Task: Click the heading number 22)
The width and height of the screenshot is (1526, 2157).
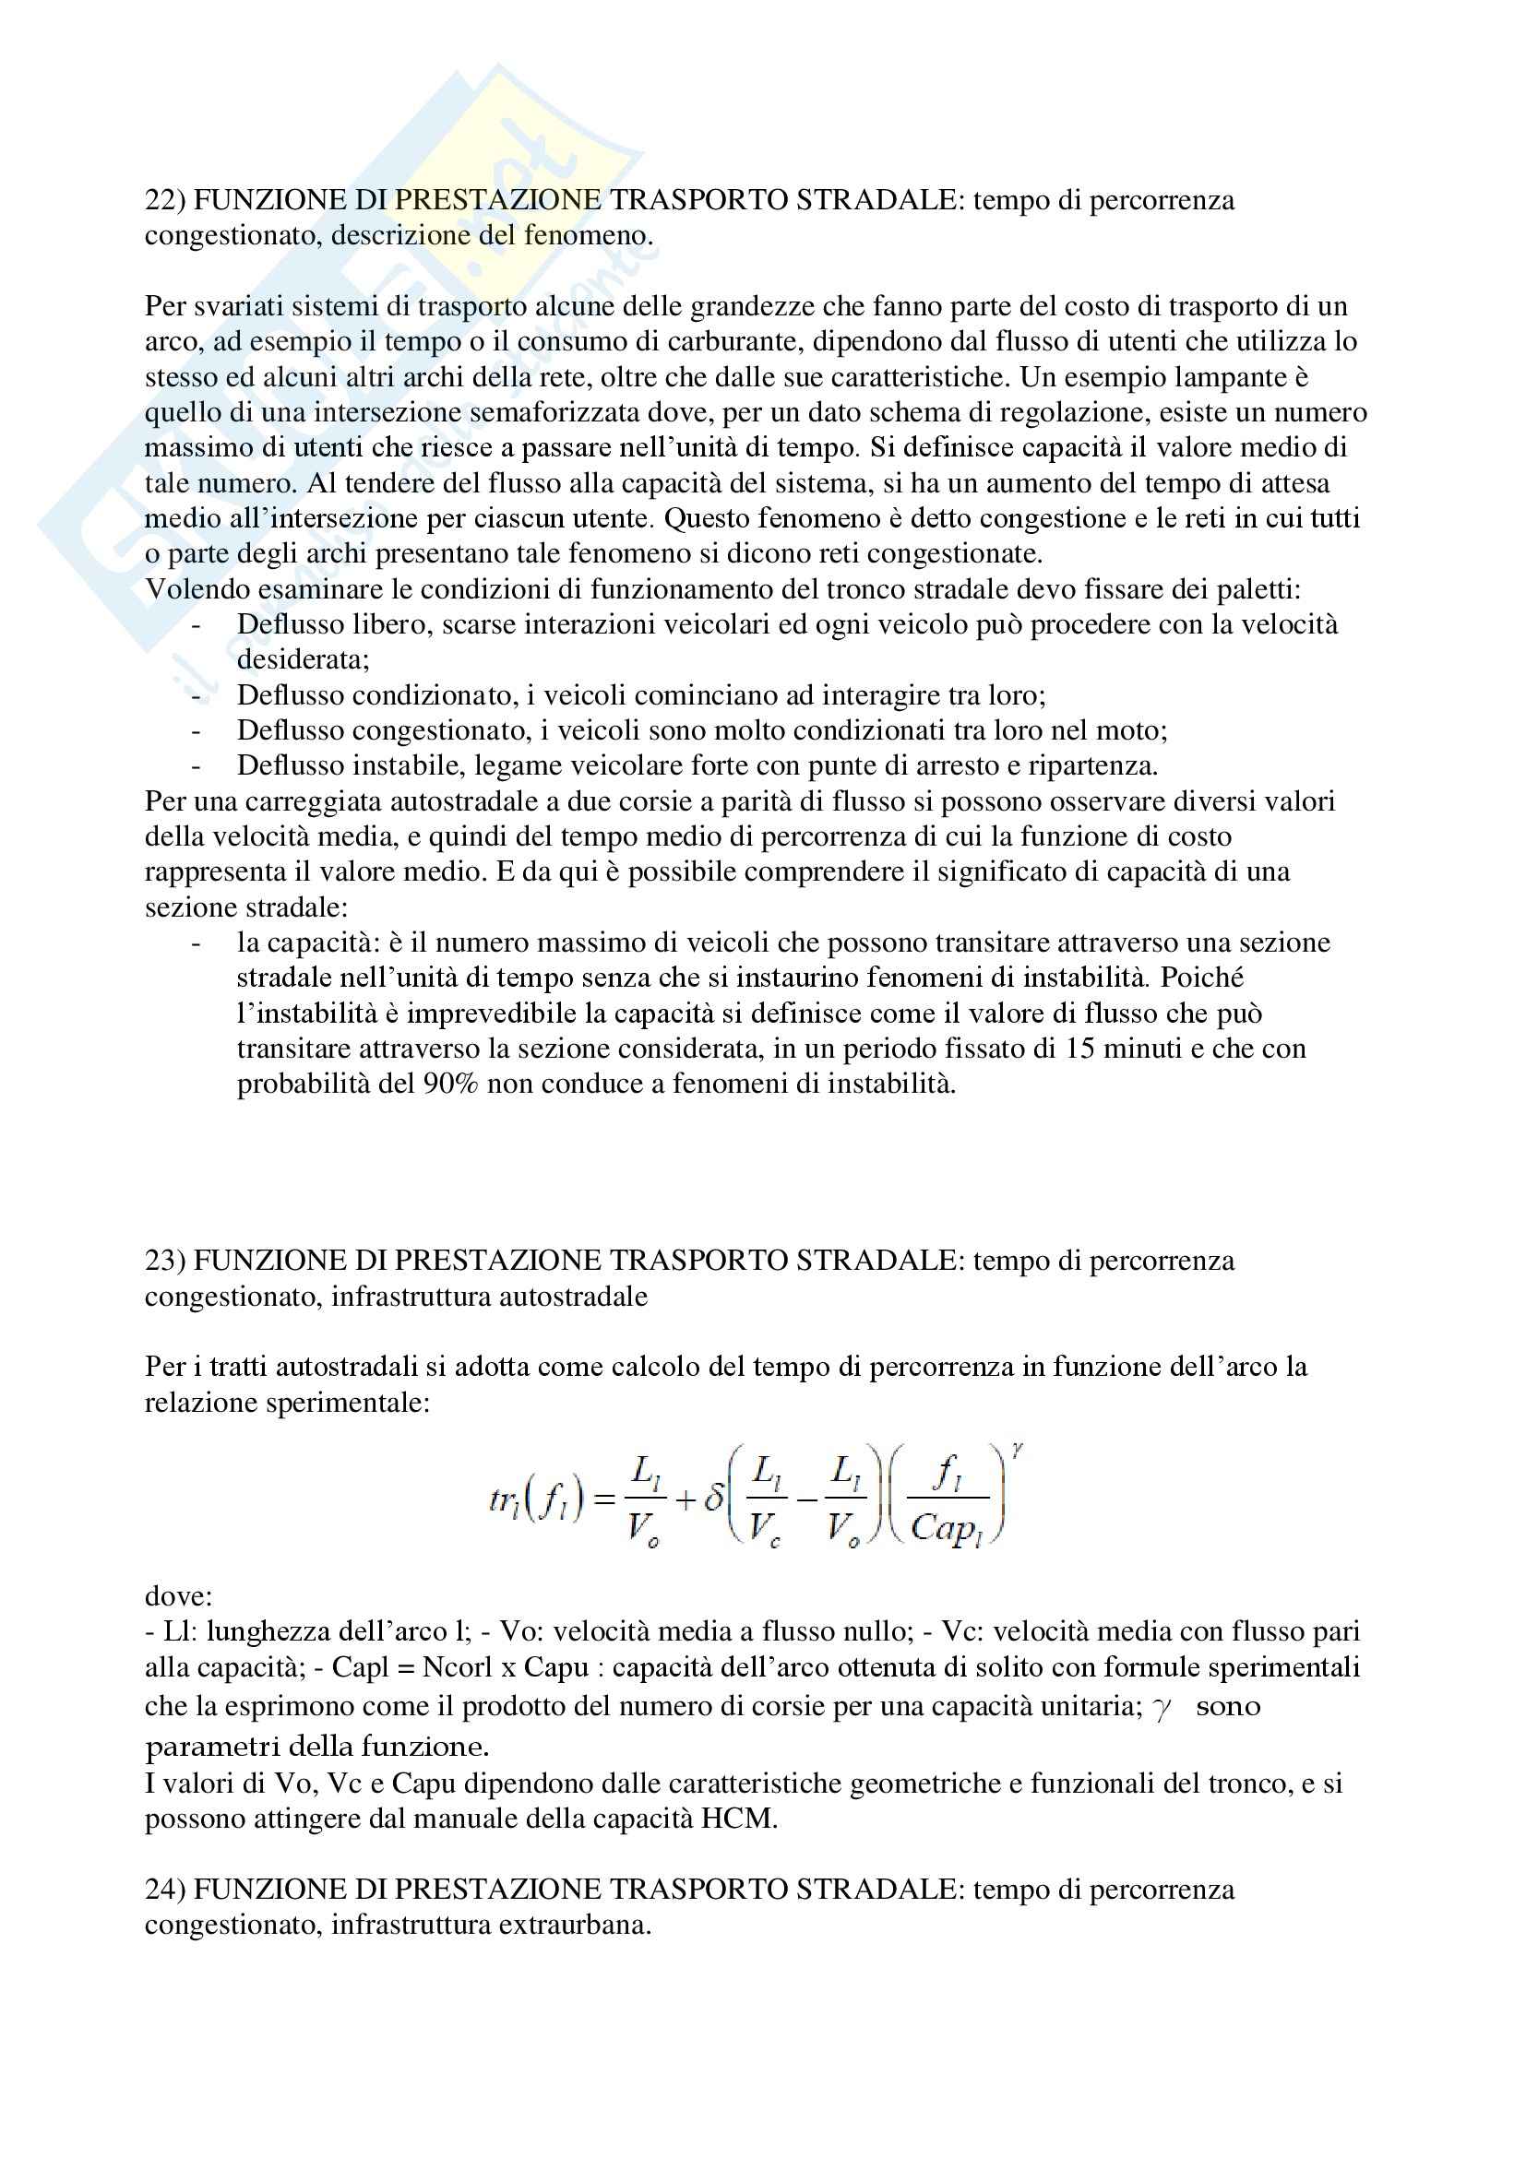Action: click(x=165, y=201)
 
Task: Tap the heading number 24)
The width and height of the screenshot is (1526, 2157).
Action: click(x=165, y=1890)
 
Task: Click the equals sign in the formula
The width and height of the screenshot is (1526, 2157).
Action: click(x=605, y=1499)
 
